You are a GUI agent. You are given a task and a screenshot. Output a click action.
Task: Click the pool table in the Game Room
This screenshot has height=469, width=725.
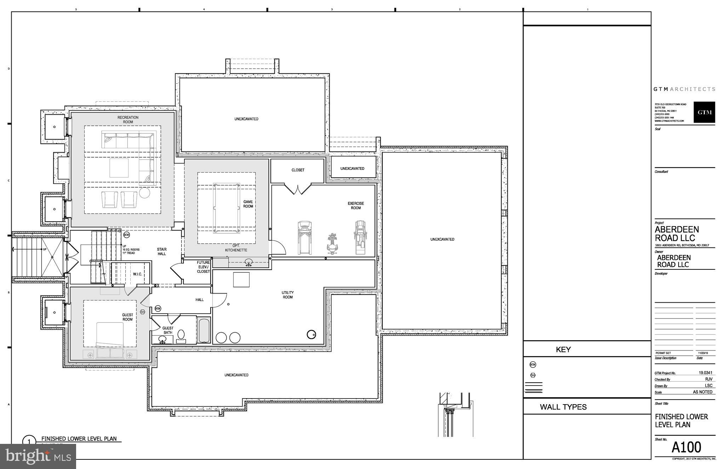click(227, 208)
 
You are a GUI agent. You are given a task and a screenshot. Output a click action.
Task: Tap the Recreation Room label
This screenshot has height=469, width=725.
click(128, 120)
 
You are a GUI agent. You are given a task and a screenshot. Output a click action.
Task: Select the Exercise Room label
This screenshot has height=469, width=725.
click(356, 206)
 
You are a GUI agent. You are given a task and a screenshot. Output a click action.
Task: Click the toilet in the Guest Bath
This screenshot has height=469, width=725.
click(181, 335)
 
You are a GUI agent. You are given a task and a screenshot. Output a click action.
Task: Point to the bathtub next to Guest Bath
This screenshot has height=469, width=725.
click(204, 331)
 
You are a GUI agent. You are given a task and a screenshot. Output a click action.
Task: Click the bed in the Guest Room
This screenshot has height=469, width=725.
click(110, 334)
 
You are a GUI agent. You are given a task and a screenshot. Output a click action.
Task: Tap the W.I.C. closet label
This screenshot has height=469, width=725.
click(137, 274)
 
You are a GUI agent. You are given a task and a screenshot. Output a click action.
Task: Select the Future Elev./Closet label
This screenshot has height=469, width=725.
click(204, 267)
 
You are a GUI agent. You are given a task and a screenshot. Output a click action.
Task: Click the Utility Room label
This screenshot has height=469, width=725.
click(287, 295)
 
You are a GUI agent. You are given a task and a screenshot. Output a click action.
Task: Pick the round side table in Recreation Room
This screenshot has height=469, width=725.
click(144, 193)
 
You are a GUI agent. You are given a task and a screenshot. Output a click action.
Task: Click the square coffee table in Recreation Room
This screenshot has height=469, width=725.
click(119, 168)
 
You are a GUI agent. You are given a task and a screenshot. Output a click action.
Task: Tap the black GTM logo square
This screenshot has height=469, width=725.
click(704, 112)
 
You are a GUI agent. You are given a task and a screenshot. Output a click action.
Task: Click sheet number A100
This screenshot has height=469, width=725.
click(686, 447)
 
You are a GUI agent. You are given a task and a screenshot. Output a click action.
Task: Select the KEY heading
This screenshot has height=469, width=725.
click(563, 350)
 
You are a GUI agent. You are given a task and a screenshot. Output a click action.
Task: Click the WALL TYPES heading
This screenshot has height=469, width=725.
click(563, 407)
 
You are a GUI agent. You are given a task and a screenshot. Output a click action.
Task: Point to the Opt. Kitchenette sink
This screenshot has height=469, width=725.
click(249, 262)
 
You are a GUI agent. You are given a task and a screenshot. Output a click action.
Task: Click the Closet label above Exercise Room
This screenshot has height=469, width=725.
click(298, 170)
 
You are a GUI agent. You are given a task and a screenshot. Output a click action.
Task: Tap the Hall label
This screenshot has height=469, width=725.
click(200, 300)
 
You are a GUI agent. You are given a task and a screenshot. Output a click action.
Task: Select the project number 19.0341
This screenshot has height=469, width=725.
click(705, 373)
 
